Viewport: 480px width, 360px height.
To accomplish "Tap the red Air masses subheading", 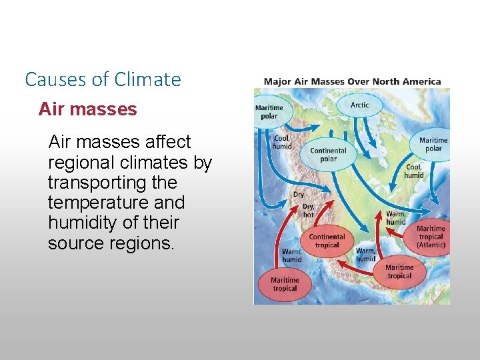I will tap(87, 109).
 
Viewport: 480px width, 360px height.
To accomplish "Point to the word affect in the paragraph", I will tap(167, 142).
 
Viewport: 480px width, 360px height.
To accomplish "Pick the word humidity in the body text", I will tap(82, 223).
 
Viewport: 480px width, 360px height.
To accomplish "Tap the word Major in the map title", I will tap(277, 82).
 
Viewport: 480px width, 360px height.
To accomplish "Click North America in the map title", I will tap(406, 82).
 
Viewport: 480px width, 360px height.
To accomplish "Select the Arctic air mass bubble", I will tap(359, 105).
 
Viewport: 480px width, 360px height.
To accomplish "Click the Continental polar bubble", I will tap(328, 155).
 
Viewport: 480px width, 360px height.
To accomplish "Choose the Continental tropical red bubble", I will tap(327, 241).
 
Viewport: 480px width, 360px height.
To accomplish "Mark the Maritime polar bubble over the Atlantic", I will tap(433, 144).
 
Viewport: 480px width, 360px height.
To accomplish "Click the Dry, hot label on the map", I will tap(308, 211).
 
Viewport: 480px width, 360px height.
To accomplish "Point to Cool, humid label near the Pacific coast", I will tap(281, 142).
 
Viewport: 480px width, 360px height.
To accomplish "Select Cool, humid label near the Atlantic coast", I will tap(413, 171).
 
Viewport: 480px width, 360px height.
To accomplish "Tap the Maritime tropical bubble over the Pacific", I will tap(284, 284).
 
